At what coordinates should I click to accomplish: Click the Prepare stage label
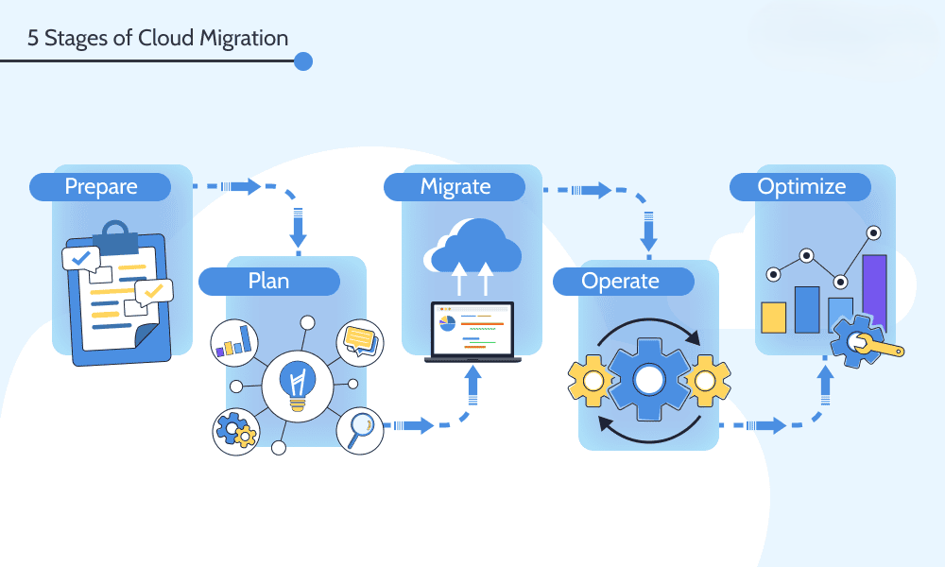pyautogui.click(x=100, y=186)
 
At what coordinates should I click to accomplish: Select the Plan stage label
pyautogui.click(x=268, y=281)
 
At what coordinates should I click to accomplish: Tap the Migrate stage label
pyautogui.click(x=455, y=186)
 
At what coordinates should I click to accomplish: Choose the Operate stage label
pyautogui.click(x=620, y=281)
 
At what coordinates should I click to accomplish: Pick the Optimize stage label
pyautogui.click(x=801, y=186)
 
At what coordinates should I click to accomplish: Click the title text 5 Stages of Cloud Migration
pyautogui.click(x=158, y=38)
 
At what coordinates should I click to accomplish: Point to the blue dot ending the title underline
pyautogui.click(x=303, y=61)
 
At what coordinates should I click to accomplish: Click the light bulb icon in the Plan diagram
pyautogui.click(x=297, y=384)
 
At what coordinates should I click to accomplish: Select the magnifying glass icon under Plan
pyautogui.click(x=360, y=430)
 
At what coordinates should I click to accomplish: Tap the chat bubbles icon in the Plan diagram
pyautogui.click(x=360, y=340)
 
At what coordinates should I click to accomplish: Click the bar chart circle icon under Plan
pyautogui.click(x=234, y=341)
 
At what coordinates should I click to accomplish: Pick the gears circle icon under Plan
pyautogui.click(x=234, y=431)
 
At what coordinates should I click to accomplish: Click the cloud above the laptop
pyautogui.click(x=475, y=245)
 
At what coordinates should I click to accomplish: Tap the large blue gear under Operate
pyautogui.click(x=648, y=380)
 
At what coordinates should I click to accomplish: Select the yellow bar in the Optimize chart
pyautogui.click(x=774, y=318)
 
